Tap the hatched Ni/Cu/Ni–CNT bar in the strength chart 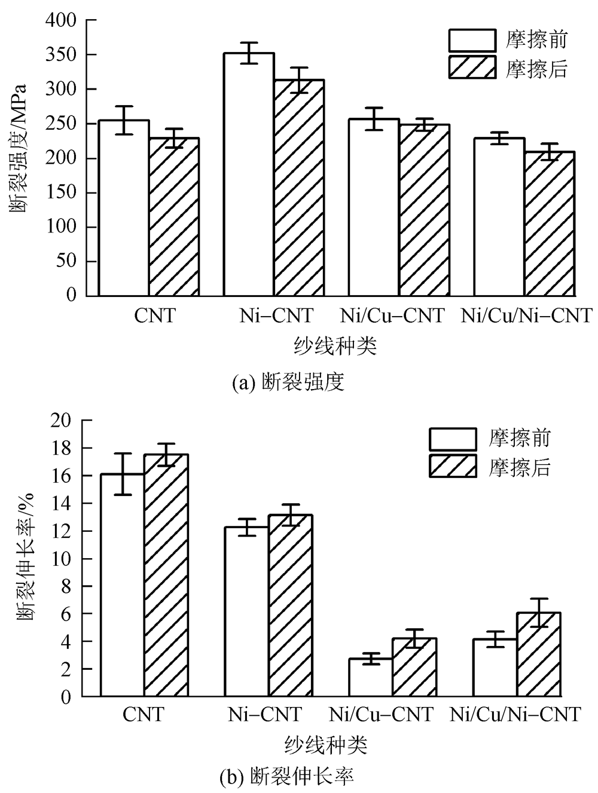coord(550,223)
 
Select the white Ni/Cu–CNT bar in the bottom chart coord(371,678)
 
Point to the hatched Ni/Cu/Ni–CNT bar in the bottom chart coord(538,655)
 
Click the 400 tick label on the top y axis coord(60,20)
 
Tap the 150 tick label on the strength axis coord(60,193)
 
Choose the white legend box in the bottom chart coord(453,439)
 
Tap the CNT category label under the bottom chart coord(144,714)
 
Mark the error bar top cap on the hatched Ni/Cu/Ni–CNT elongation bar coord(538,599)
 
